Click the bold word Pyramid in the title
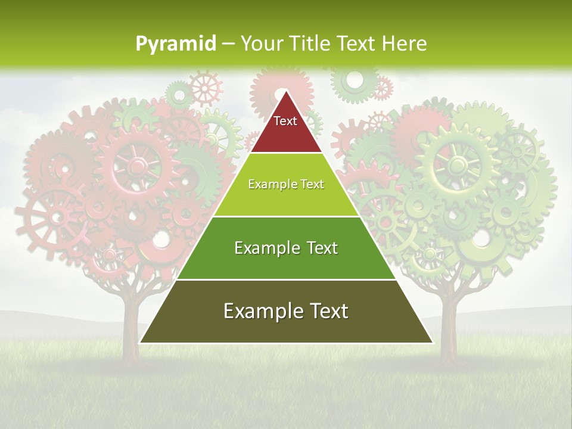coord(176,43)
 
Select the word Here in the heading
coord(405,43)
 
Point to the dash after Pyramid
coord(228,44)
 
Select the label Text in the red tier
coord(285,121)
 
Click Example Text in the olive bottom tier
coord(286,311)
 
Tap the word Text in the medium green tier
coord(323,248)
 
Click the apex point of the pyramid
coord(286,91)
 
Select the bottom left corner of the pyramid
coord(141,343)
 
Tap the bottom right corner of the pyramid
coord(432,343)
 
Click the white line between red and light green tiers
coord(286,153)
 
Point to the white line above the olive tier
coord(286,279)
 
